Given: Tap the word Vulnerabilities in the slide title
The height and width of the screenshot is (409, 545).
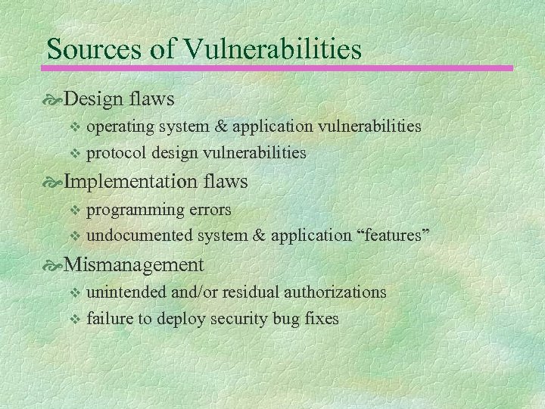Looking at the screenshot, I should pos(272,49).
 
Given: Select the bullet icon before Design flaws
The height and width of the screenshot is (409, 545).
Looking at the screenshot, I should pos(54,99).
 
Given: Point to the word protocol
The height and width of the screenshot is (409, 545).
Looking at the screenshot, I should pos(117,153).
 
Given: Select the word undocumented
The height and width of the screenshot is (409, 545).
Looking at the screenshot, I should pos(140,236).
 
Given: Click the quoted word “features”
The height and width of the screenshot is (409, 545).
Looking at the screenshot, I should pos(393,236).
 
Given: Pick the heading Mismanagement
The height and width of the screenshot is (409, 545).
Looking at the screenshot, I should pos(134,264).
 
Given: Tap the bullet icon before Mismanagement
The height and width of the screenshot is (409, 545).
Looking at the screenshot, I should pos(54,265).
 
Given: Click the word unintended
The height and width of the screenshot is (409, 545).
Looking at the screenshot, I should pos(126,292).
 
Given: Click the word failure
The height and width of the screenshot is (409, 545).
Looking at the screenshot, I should pos(109,319).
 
